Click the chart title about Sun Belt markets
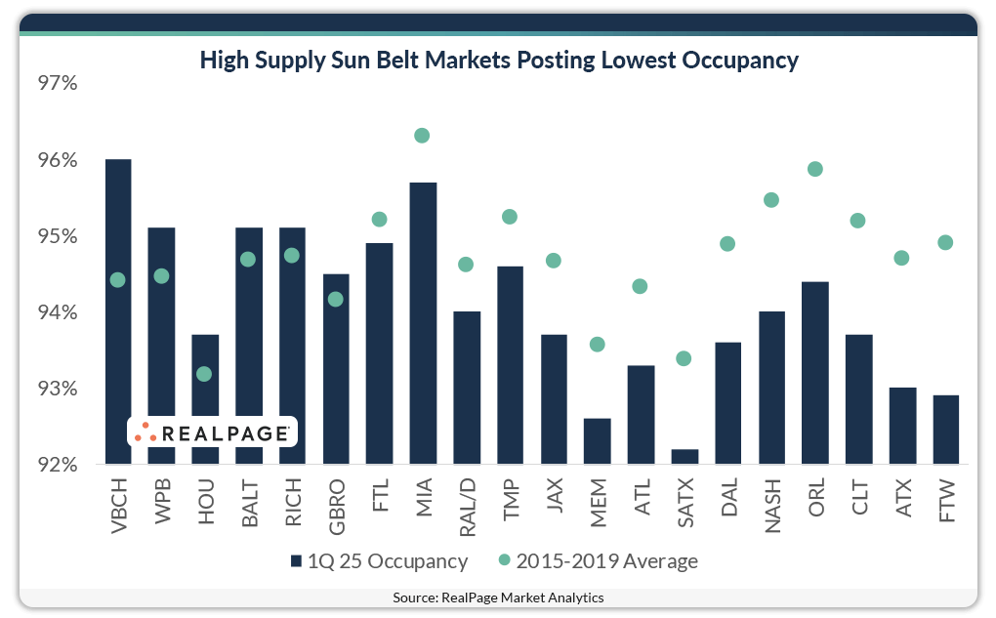click(x=499, y=61)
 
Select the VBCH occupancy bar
click(x=117, y=312)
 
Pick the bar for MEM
click(x=597, y=441)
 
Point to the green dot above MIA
click(x=422, y=135)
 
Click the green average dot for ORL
click(x=815, y=169)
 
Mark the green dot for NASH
click(x=771, y=200)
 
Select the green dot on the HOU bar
click(x=204, y=374)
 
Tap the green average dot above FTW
click(x=945, y=242)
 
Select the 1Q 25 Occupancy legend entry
click(x=379, y=561)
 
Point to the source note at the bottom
click(x=498, y=597)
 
